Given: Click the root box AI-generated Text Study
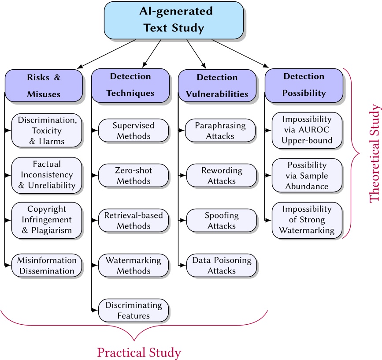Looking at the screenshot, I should [x=174, y=20].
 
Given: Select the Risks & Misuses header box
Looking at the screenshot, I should [x=44, y=85].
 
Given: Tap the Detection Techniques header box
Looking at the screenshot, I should [x=130, y=85].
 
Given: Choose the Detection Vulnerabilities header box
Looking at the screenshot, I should [x=217, y=86].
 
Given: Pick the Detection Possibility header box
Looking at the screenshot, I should [x=304, y=85].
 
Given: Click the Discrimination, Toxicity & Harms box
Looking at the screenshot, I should [x=46, y=130].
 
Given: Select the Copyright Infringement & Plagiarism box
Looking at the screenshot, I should [x=46, y=220].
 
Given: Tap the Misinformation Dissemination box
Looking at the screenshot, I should [x=46, y=265].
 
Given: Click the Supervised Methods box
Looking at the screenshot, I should [x=133, y=130].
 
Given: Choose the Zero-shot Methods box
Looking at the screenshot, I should [x=133, y=175].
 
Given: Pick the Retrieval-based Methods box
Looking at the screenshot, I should [x=133, y=220].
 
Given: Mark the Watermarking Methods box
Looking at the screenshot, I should [x=133, y=265].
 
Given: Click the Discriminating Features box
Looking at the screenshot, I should [x=133, y=310].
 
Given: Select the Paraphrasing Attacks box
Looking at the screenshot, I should [x=220, y=130].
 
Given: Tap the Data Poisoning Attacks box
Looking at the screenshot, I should [x=220, y=265].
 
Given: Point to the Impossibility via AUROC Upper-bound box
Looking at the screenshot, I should [x=307, y=130].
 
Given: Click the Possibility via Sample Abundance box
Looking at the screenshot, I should [x=307, y=175].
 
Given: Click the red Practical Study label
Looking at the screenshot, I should [x=139, y=352].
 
